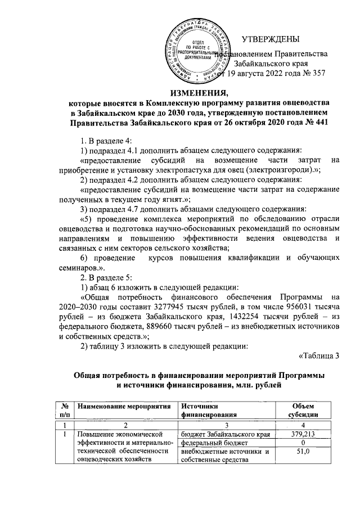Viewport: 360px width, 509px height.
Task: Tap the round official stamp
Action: pos(201,51)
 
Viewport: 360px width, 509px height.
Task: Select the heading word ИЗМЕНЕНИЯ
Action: pos(197,93)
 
